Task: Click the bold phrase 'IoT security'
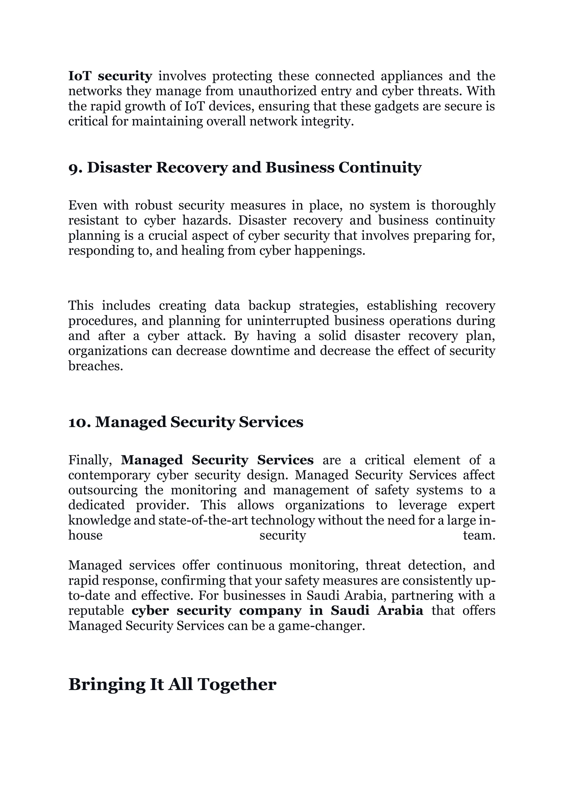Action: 110,76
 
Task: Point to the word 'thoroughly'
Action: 463,206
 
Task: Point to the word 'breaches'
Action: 96,366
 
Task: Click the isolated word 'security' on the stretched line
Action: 283,536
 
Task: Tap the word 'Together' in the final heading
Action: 237,684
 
